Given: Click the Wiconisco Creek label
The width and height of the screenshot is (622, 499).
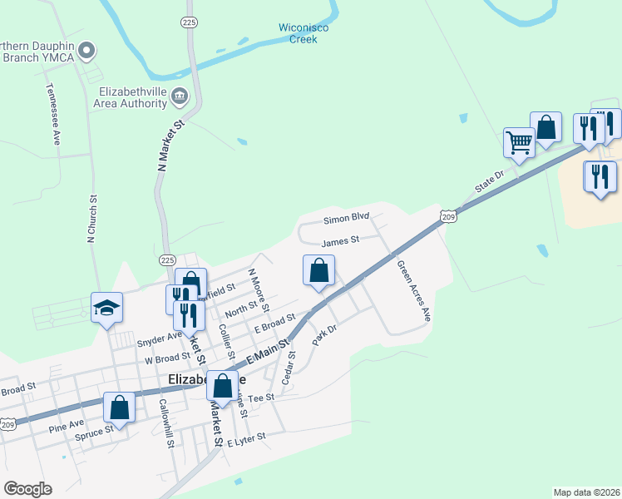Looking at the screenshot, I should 304,33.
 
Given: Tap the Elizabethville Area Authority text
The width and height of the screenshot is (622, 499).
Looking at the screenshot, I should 131,97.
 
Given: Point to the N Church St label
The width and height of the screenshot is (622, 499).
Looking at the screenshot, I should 92,219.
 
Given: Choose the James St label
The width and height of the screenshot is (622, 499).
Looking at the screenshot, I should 339,240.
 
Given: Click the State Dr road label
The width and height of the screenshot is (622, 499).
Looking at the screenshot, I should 490,183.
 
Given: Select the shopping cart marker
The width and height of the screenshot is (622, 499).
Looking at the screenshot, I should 519,142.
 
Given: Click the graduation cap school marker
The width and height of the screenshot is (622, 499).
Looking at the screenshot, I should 106,308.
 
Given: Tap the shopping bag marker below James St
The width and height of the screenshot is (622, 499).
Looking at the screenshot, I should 318,270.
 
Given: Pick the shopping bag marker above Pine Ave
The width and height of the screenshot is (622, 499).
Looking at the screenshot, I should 119,408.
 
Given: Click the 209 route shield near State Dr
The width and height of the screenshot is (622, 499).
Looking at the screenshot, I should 447,216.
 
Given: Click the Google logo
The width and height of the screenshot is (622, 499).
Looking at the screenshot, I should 27,489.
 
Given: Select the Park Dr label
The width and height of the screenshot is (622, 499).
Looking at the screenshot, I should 323,336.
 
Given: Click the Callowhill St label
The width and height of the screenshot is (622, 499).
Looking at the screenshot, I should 165,423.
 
